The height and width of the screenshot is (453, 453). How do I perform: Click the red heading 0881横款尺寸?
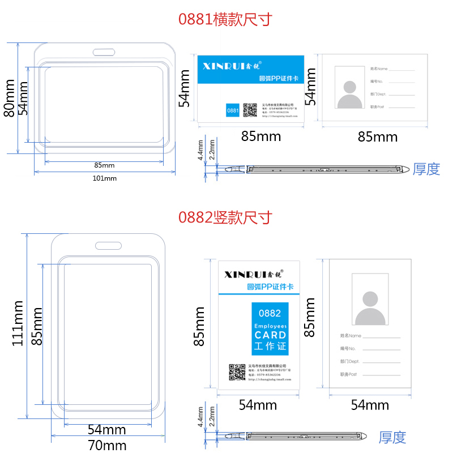point(225,20)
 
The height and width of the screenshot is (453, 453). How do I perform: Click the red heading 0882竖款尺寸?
point(225,217)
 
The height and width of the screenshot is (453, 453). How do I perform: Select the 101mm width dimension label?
point(104,178)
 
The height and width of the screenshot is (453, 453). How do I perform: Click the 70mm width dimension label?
point(107,445)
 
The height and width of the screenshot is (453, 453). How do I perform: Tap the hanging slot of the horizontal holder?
point(104,53)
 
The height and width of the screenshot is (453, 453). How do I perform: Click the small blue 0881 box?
point(232,110)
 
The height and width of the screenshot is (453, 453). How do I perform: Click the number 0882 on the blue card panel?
point(270,313)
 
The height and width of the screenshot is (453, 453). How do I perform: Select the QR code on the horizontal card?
point(250,110)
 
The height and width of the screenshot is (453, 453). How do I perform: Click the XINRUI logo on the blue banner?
point(231,65)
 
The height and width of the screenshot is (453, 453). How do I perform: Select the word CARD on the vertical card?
point(270,335)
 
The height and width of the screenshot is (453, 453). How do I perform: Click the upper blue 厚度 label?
point(426,169)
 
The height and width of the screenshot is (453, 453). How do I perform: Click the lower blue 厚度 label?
point(392,437)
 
